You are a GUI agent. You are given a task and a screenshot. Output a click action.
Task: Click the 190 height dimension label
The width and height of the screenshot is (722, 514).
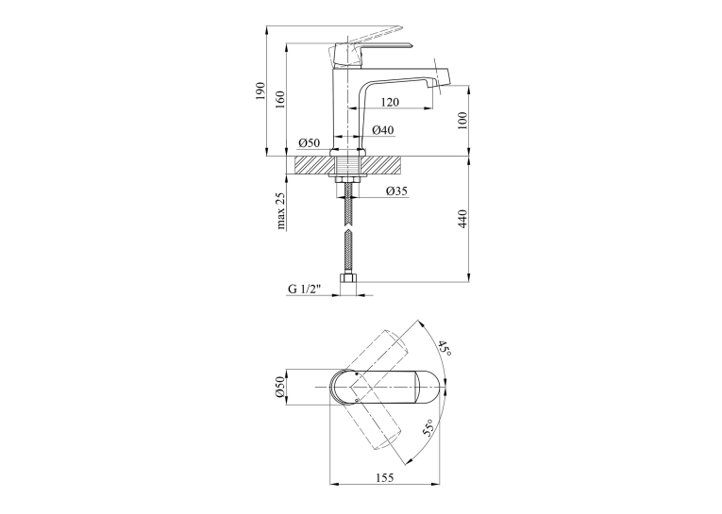pyautogui.click(x=260, y=91)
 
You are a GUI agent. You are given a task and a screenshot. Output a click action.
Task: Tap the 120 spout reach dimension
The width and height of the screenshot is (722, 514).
pyautogui.click(x=390, y=102)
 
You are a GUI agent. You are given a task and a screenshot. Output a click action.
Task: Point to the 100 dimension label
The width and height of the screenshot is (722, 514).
pyautogui.click(x=462, y=121)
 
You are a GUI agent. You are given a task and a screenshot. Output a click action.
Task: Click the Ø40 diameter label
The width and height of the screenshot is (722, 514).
pyautogui.click(x=382, y=130)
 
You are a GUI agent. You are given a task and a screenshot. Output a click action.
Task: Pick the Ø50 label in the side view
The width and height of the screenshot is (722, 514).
pyautogui.click(x=309, y=143)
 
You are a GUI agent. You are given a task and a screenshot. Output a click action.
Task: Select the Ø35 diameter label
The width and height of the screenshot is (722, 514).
pyautogui.click(x=396, y=191)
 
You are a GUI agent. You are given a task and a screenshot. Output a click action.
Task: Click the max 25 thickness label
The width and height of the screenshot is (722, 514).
pyautogui.click(x=281, y=210)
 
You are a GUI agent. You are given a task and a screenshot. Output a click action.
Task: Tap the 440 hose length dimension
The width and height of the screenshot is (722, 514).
pyautogui.click(x=462, y=219)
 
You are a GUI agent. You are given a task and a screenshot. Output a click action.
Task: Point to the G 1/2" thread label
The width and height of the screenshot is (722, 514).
pyautogui.click(x=304, y=289)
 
